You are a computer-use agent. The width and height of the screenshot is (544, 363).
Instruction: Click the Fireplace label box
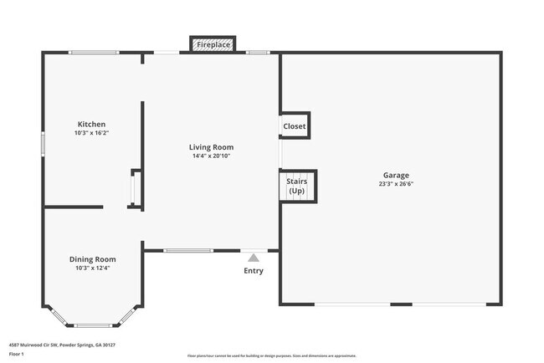point(214,44)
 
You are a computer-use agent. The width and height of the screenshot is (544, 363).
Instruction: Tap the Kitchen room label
point(91,124)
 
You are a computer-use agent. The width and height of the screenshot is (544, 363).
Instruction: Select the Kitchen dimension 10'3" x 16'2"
point(91,133)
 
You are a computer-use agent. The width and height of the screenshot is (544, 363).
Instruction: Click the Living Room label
point(210,146)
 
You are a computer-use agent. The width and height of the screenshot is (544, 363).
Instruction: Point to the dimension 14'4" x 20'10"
point(210,156)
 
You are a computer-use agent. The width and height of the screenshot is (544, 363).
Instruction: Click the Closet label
point(295,126)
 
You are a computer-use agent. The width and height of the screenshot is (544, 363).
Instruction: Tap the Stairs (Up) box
point(296,186)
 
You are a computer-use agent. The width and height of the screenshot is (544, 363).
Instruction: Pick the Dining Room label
point(92,259)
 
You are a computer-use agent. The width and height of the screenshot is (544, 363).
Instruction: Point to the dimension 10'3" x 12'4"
point(92,268)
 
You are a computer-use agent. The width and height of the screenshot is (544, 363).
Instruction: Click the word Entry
point(253,270)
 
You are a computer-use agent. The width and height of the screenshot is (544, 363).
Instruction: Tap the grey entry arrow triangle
point(253,258)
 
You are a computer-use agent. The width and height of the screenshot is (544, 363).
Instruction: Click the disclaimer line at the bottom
point(271,355)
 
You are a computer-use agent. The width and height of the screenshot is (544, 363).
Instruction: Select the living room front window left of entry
point(188,250)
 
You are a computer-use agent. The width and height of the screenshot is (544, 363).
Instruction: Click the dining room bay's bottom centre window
point(92,325)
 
